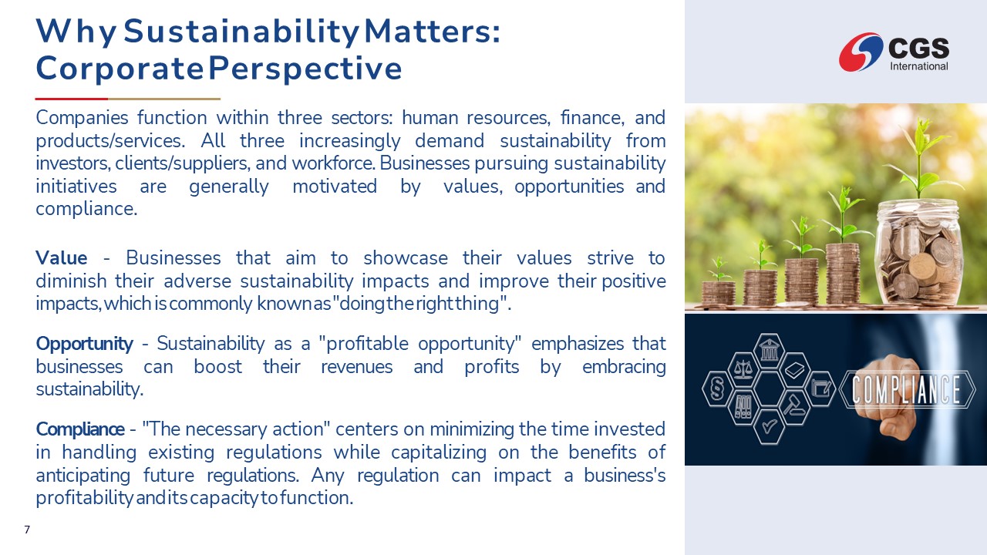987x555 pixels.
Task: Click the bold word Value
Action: [61, 258]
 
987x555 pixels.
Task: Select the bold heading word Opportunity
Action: [84, 344]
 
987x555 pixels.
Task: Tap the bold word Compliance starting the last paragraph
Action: [79, 429]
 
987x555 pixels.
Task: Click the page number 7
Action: [27, 530]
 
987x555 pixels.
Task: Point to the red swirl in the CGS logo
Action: [860, 52]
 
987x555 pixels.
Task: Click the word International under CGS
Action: [919, 66]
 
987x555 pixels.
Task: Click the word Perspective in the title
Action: [305, 69]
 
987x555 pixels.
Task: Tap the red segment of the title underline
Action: [72, 99]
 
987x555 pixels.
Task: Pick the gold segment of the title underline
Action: [164, 99]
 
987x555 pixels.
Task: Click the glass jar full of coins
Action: [918, 254]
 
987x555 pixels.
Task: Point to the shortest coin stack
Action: [718, 293]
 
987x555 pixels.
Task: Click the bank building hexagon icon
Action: [769, 351]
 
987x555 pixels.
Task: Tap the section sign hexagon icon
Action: [717, 388]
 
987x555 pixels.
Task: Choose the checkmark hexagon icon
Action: [770, 426]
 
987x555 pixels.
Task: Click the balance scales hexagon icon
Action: [743, 370]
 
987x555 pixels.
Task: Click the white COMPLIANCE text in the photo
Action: [906, 389]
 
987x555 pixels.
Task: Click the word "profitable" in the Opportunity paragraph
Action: [372, 344]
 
